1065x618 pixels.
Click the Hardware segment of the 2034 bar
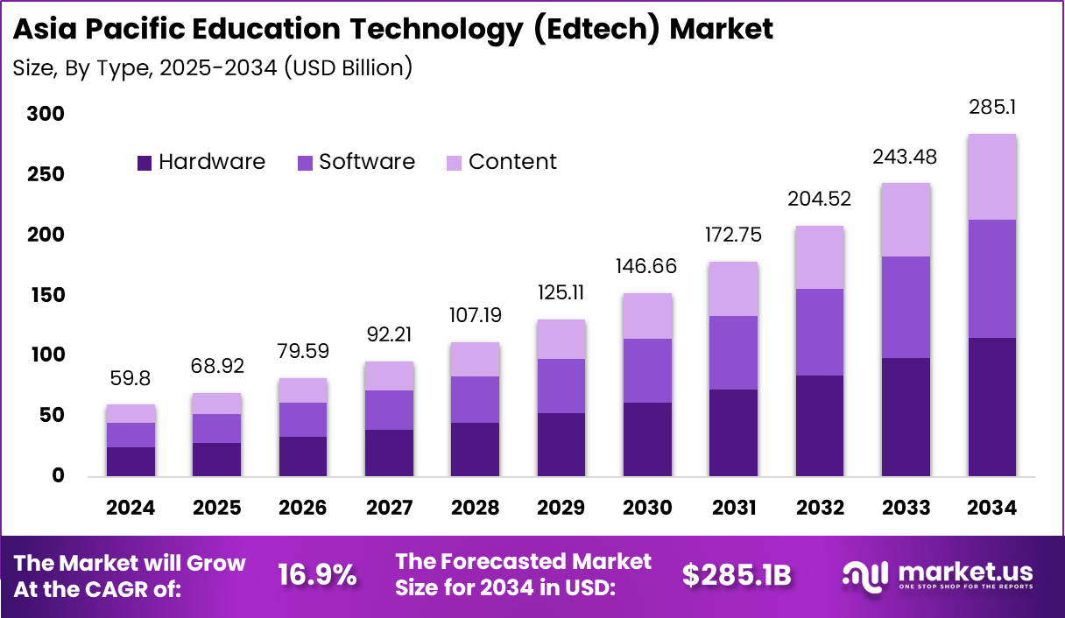tap(991, 406)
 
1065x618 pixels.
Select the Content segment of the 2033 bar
tap(906, 220)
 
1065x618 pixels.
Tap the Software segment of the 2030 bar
tap(647, 370)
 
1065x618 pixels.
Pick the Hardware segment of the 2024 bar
tap(130, 461)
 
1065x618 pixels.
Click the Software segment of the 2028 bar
tap(475, 399)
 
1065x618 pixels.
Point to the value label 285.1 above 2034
tap(992, 108)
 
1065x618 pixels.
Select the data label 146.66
tap(647, 267)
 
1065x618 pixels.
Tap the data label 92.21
tap(389, 334)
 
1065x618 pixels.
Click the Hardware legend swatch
tap(145, 163)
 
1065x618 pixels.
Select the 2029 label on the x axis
tap(561, 509)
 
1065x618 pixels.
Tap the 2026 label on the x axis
tap(303, 509)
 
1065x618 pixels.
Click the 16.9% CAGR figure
tap(317, 575)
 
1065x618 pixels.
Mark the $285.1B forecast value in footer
tap(737, 575)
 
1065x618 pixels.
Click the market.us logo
tap(937, 574)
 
